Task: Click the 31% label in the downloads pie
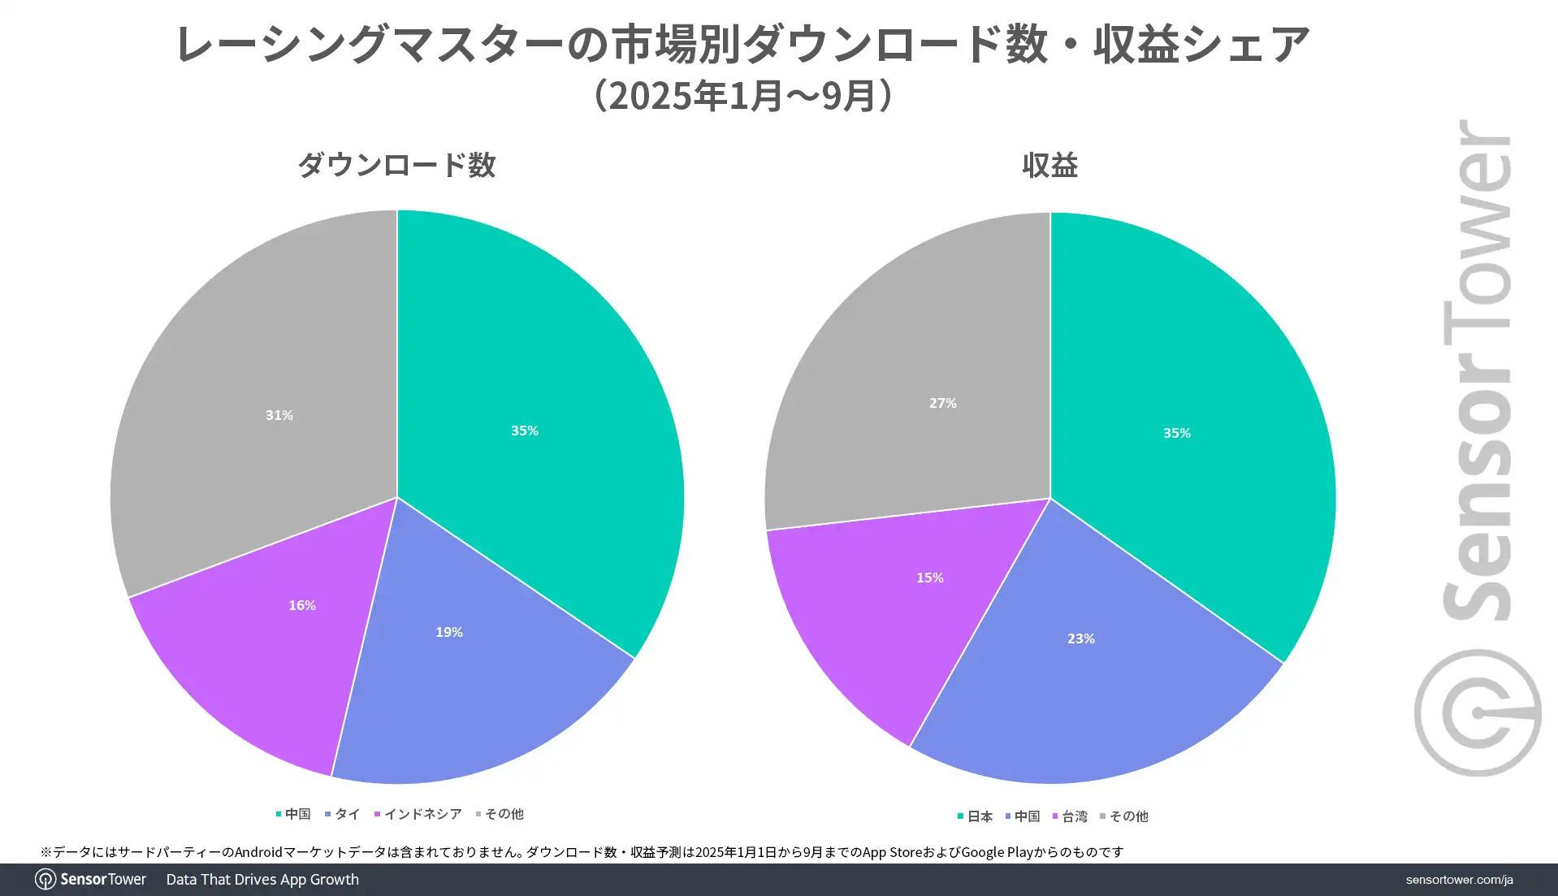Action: point(279,415)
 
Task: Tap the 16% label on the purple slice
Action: point(302,605)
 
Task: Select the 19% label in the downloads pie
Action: point(449,632)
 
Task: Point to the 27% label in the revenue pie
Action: point(942,403)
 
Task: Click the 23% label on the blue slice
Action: point(1080,638)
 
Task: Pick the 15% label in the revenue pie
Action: point(929,578)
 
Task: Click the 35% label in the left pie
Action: point(524,431)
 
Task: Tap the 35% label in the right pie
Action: point(1176,433)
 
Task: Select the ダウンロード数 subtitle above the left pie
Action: point(396,165)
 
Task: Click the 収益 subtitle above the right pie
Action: point(1049,165)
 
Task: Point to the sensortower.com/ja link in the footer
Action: point(1459,880)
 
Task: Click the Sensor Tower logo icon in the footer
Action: point(45,880)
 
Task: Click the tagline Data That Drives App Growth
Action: point(262,880)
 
